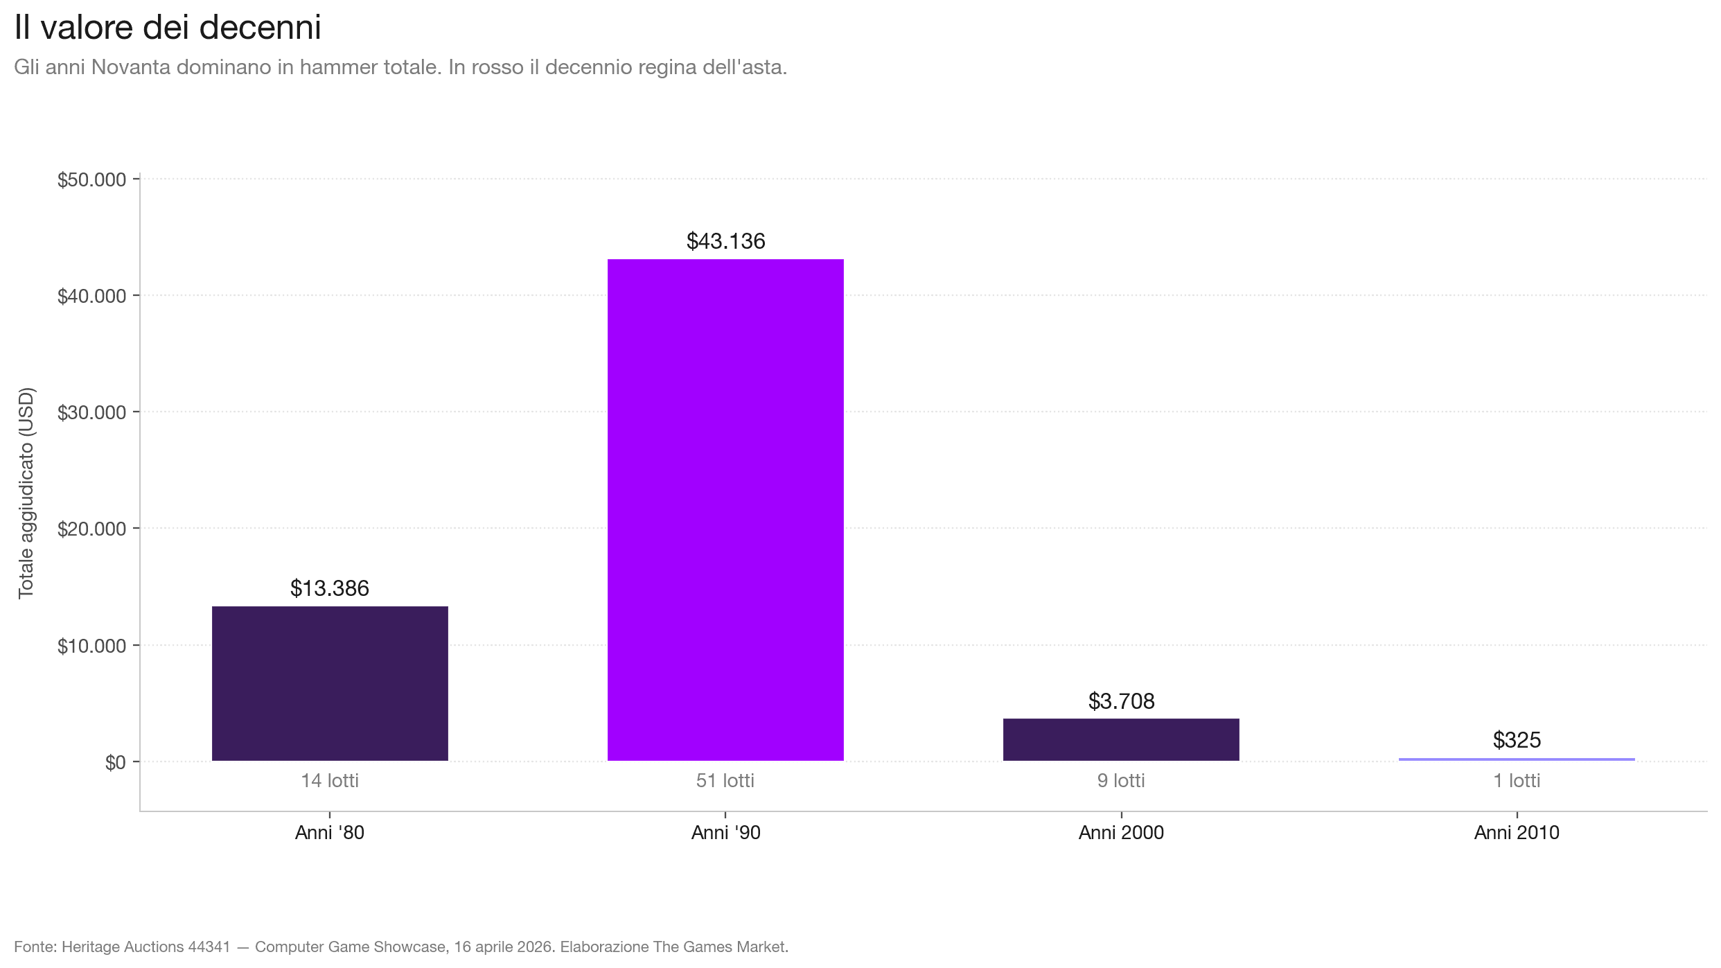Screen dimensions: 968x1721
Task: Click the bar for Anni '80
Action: (x=330, y=683)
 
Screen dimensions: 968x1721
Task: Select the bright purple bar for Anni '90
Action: (x=725, y=510)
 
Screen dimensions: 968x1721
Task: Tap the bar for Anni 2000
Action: (x=1121, y=739)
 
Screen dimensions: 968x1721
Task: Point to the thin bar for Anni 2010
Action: (x=1517, y=759)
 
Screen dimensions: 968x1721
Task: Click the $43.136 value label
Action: (x=725, y=241)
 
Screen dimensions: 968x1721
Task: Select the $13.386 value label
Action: (x=330, y=588)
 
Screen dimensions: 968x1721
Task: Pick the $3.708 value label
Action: (x=1121, y=701)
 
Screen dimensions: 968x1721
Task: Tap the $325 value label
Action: (x=1517, y=740)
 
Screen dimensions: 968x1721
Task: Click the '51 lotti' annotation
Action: (x=725, y=781)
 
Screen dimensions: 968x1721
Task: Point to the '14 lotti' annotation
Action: (x=330, y=781)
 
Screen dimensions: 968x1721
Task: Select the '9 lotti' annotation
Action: (x=1121, y=781)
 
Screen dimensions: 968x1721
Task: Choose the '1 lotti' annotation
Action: (x=1517, y=781)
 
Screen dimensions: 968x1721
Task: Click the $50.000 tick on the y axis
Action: (x=92, y=180)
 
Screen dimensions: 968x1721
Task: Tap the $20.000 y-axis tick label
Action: (x=92, y=529)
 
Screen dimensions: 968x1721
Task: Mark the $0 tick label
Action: (x=115, y=763)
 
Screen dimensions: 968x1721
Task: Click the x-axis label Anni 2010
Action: (x=1517, y=832)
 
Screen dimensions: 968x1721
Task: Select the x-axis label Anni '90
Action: (x=725, y=832)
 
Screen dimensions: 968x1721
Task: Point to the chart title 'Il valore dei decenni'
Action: (x=168, y=28)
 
